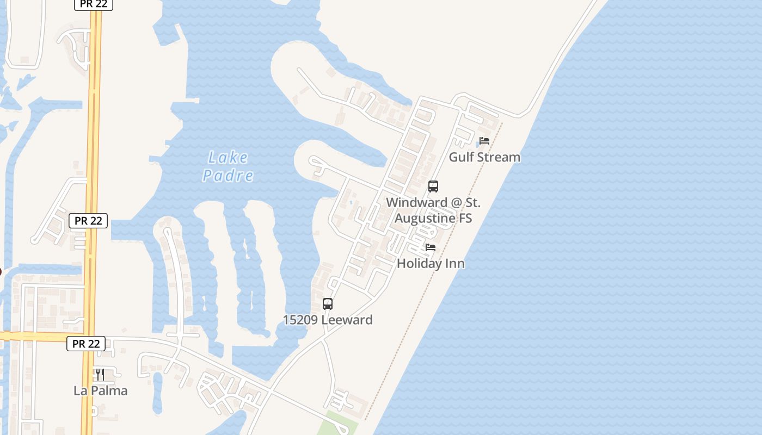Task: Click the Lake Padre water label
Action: coord(228,166)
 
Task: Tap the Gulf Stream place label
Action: coord(484,157)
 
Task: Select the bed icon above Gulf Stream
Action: coord(484,141)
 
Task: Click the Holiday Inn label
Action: coord(431,264)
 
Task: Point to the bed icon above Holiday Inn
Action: coord(431,247)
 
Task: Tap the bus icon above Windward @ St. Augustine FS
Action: coord(433,187)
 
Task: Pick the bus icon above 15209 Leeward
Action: coord(328,304)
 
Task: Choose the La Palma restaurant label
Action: coord(101,391)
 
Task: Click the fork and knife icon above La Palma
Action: coord(100,375)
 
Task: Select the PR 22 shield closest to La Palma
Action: coord(86,344)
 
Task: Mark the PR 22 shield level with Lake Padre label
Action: coord(88,221)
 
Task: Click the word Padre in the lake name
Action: coord(228,176)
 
